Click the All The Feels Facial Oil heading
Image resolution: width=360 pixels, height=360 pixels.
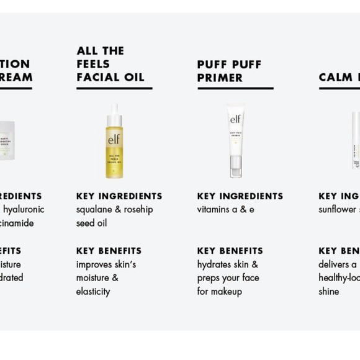point(110,64)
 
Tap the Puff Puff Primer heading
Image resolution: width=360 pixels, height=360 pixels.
point(229,71)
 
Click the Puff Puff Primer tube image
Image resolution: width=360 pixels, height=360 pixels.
point(235,141)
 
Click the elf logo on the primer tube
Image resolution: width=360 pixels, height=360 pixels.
point(236,120)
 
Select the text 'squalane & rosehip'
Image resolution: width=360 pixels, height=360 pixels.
point(114,210)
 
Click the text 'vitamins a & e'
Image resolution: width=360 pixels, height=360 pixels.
point(225,210)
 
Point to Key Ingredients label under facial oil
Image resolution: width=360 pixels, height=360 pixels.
point(119,196)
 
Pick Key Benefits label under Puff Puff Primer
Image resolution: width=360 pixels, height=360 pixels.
point(230,251)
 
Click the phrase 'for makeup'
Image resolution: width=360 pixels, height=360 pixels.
point(219,292)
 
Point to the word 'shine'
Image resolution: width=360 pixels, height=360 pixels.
point(329,292)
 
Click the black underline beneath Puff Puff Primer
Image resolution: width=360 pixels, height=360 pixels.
point(235,89)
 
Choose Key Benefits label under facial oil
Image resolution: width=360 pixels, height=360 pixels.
point(109,251)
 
